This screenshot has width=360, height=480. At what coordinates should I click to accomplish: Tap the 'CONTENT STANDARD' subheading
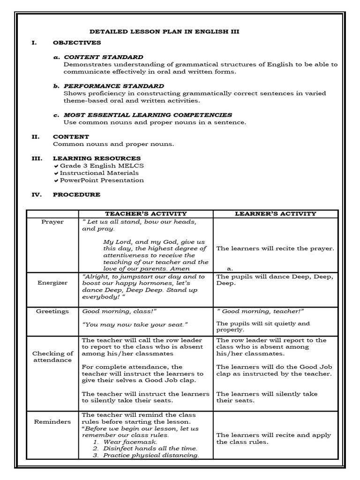coord(104,57)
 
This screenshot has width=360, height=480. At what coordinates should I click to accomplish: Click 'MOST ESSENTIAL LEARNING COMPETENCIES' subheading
coord(148,115)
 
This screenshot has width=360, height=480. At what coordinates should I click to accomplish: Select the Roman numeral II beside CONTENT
coord(34,137)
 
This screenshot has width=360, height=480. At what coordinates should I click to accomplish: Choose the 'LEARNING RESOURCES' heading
coord(97,158)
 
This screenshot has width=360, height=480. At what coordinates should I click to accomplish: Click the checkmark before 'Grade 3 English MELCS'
coord(56,166)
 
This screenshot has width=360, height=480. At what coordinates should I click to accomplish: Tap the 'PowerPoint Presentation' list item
coord(102,180)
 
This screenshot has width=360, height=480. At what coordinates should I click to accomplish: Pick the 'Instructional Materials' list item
coord(99,173)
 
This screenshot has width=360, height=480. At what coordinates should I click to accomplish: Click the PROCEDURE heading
coord(76,195)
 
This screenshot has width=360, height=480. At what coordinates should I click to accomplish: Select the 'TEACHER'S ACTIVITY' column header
coord(146,214)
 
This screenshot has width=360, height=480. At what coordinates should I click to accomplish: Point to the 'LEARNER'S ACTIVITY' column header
coord(275,214)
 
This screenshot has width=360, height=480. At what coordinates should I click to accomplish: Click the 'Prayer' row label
coord(52,222)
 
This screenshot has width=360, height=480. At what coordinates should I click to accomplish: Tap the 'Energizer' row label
coord(52,283)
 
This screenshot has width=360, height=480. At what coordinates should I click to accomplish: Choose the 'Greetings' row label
coord(52,311)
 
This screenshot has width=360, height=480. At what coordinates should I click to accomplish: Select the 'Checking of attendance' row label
coord(52,357)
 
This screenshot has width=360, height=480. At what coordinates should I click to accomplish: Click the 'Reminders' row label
coord(52,422)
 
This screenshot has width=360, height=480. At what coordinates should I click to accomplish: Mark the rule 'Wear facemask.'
coord(130,442)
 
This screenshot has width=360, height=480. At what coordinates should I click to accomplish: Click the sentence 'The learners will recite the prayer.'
coord(275,248)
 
